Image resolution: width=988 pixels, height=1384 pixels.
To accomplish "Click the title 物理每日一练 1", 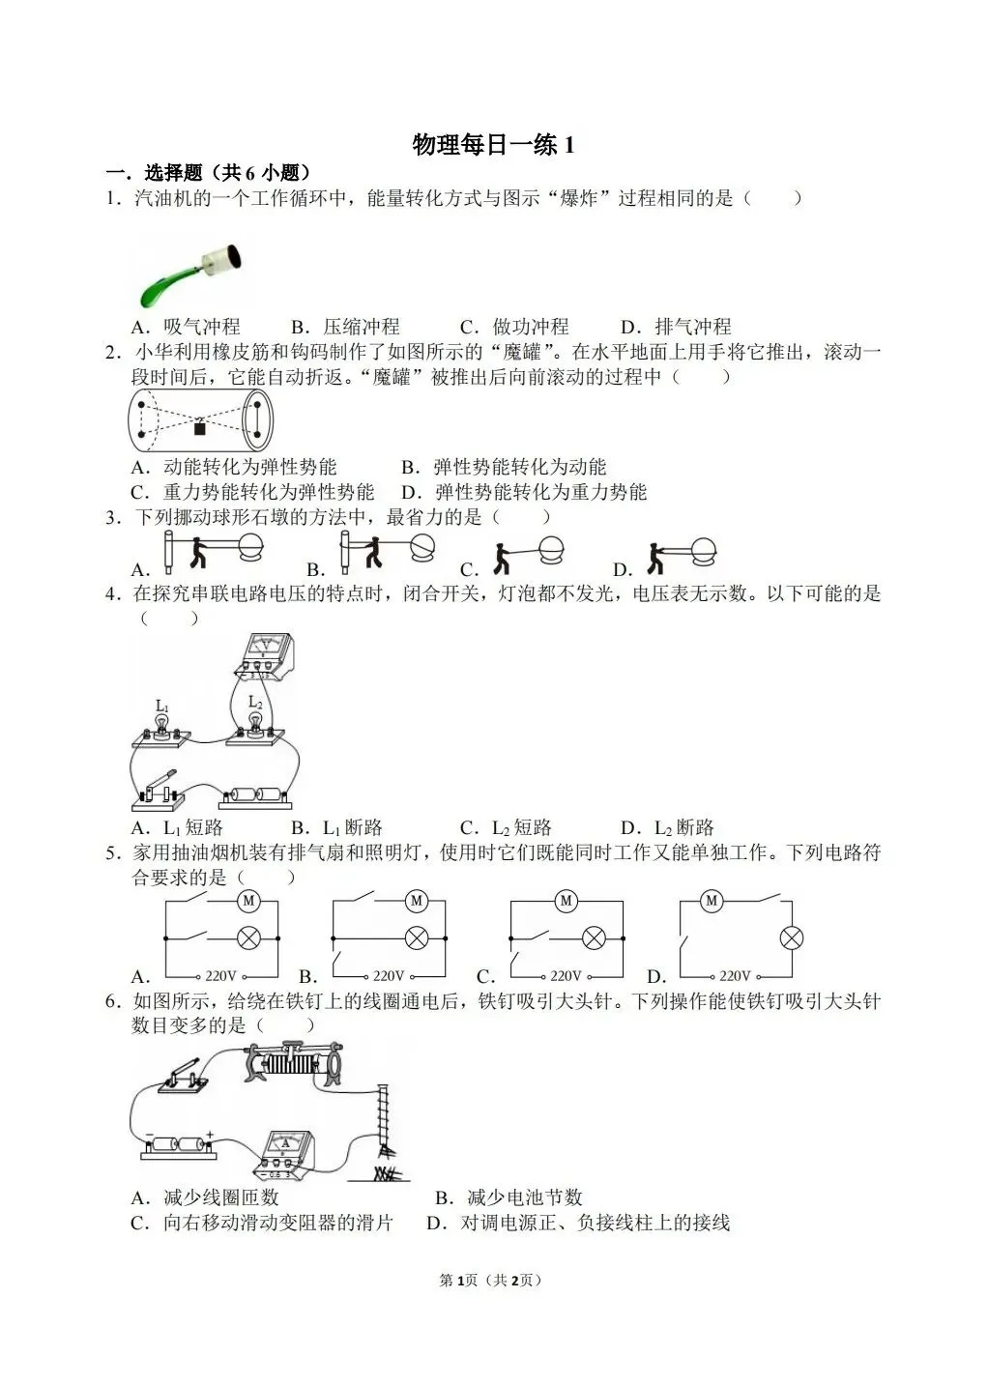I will tap(493, 145).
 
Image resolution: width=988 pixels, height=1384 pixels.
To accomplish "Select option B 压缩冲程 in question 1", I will tap(345, 327).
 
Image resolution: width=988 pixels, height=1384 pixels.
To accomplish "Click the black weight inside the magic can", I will tap(200, 427).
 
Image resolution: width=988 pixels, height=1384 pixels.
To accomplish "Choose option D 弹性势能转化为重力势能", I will tap(524, 492).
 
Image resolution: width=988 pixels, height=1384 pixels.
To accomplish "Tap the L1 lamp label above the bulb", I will tap(162, 706).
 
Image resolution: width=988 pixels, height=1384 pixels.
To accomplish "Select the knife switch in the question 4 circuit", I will tap(160, 788).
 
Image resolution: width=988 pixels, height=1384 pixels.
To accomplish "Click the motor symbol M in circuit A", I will tap(248, 901).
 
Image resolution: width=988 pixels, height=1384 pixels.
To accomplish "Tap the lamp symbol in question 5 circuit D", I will tap(792, 937).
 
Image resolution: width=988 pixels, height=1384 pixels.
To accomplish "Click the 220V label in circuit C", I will tap(567, 976).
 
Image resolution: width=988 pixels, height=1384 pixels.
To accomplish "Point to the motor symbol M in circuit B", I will tap(417, 901).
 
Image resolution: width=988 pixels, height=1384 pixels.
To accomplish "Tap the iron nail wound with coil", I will tap(385, 1121).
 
